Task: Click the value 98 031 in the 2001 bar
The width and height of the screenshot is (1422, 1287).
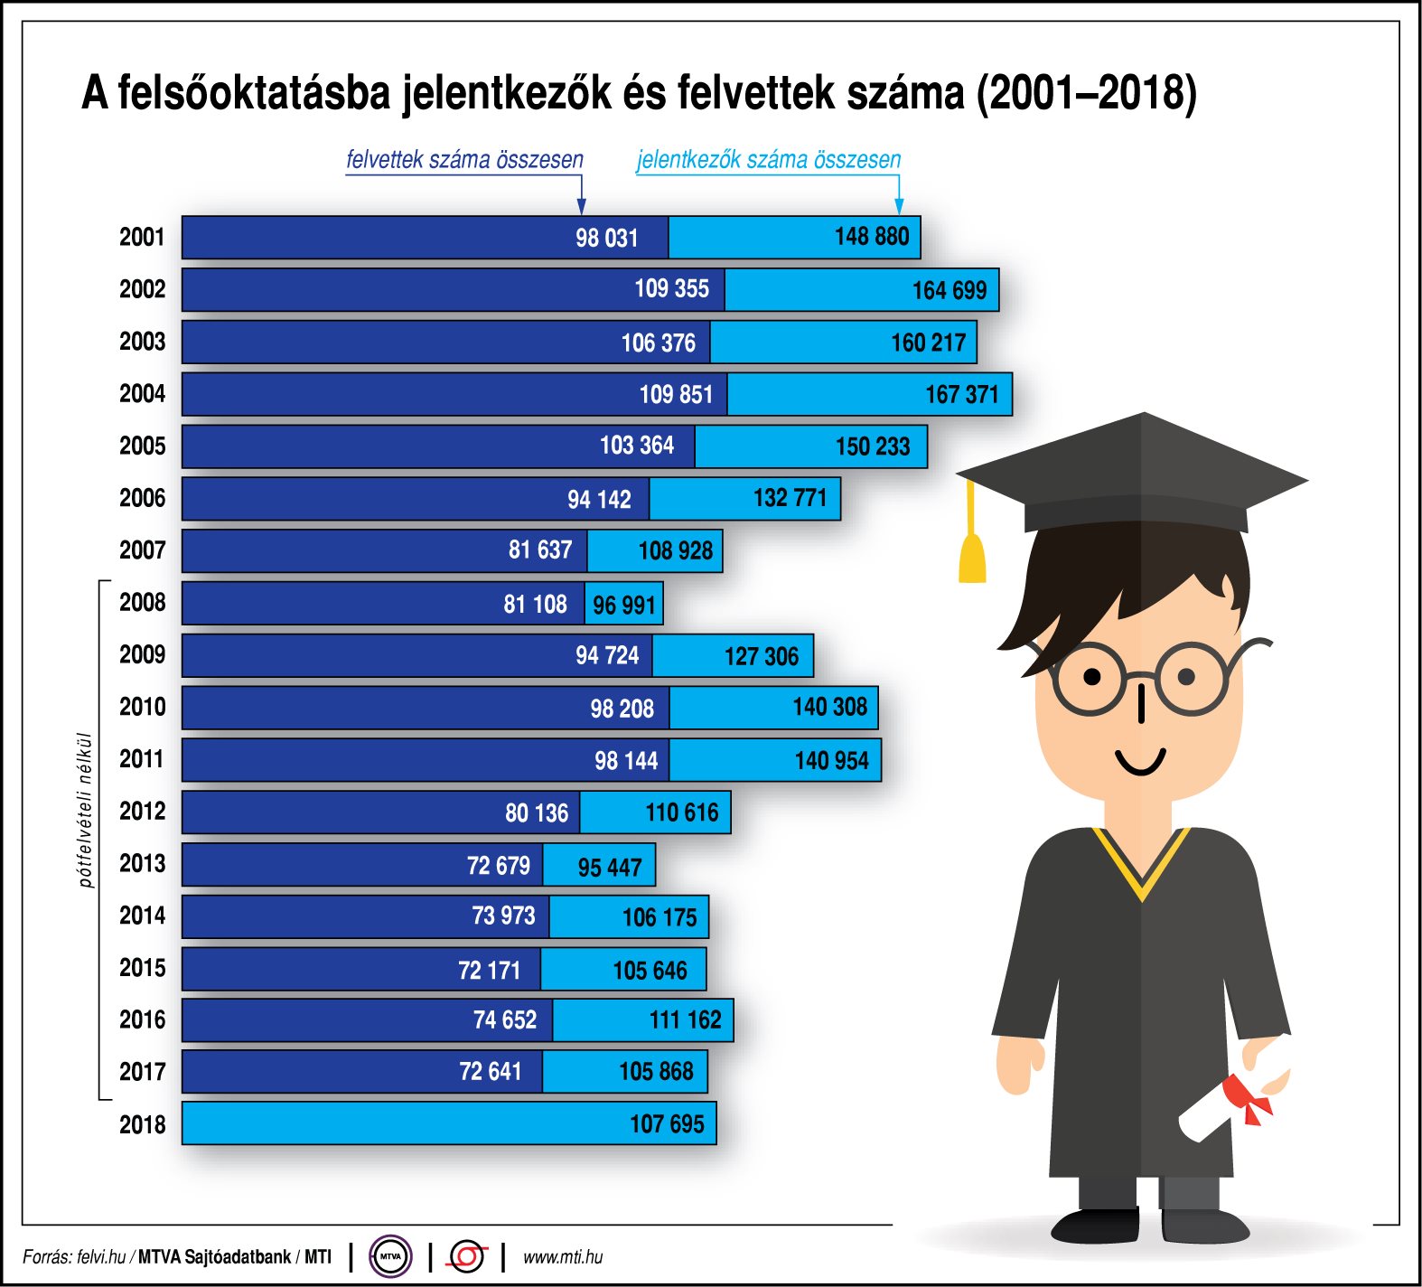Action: [x=606, y=238]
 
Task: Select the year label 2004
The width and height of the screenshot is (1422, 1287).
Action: [x=143, y=394]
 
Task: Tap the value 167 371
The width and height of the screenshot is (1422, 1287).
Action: [x=961, y=395]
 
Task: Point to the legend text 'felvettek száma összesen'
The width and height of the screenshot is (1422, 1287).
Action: [x=464, y=160]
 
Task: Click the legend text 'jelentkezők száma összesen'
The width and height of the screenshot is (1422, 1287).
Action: [x=769, y=160]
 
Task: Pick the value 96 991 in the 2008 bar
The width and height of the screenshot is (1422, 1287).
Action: [x=623, y=605]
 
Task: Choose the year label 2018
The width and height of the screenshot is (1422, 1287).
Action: [x=143, y=1124]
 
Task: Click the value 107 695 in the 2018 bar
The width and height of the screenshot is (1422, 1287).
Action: [x=667, y=1124]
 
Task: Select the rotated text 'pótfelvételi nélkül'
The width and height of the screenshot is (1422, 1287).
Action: [x=86, y=810]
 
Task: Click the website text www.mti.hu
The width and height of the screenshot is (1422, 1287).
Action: [x=563, y=1257]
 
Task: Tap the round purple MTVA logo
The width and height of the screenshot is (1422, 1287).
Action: [x=390, y=1256]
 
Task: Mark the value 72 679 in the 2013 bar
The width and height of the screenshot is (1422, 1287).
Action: [x=498, y=866]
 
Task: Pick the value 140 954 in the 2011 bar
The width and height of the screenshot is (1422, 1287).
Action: [x=831, y=761]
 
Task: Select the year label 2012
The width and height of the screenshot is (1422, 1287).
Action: [x=143, y=812]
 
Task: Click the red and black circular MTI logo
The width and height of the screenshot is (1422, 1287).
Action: [x=467, y=1256]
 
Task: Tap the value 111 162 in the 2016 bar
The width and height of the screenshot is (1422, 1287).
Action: [x=685, y=1020]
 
